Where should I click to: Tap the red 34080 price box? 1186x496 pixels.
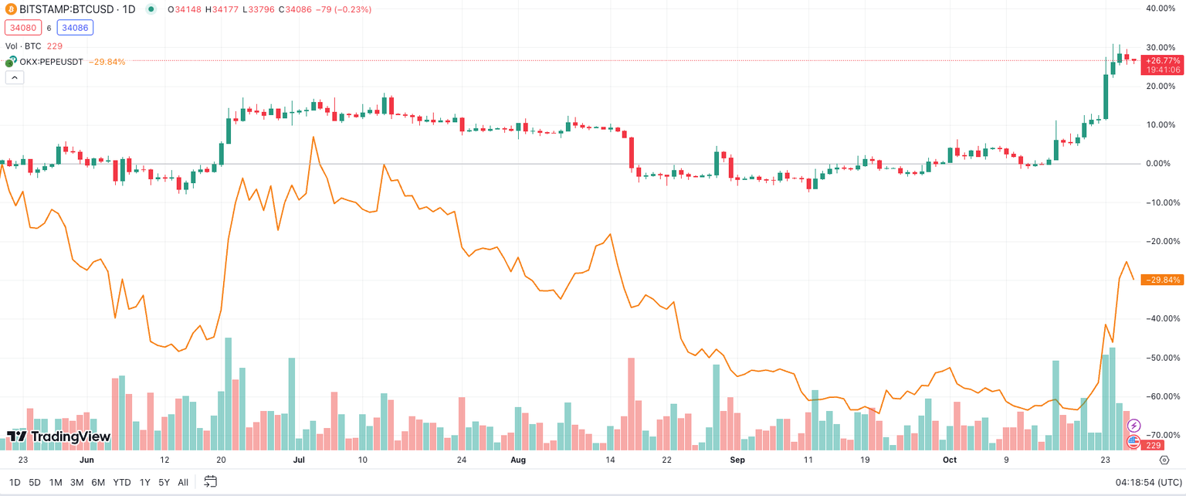19,28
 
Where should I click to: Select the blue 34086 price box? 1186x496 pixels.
74,28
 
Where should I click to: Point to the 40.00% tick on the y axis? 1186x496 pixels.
1161,8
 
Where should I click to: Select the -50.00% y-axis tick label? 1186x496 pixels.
1161,358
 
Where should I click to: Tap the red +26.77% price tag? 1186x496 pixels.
1163,60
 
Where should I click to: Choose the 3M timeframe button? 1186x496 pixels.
76,482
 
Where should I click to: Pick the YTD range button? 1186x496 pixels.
122,482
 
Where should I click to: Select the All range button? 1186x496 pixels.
183,482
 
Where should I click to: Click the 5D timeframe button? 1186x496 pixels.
35,482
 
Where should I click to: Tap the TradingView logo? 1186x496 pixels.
59,437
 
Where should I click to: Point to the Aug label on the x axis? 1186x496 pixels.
518,460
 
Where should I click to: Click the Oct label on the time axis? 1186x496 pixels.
950,460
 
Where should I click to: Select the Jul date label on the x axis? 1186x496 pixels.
299,460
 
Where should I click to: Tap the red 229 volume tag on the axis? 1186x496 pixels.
1154,446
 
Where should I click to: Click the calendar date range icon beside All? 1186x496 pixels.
210,482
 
